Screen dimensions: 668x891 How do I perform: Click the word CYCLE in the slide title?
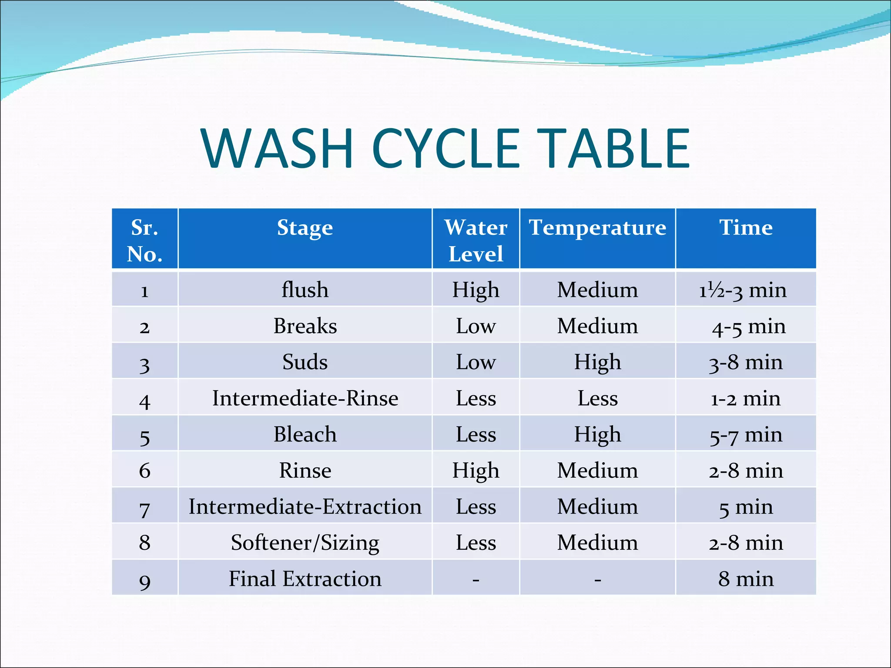[446, 149]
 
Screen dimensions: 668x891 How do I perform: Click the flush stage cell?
[305, 290]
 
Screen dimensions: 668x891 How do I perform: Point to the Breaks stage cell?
[305, 326]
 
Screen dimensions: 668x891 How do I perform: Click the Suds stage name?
[305, 362]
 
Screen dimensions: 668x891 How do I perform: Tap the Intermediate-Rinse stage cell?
[305, 398]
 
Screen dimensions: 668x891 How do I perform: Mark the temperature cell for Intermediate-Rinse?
[597, 398]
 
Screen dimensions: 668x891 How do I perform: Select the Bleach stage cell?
[305, 434]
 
